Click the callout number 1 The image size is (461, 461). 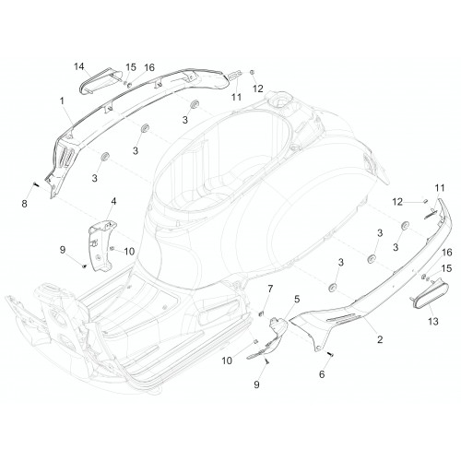click(62, 100)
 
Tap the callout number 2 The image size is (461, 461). click(380, 339)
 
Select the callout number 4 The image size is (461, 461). click(113, 202)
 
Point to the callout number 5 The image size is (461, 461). click(297, 299)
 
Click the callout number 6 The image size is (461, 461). click(322, 374)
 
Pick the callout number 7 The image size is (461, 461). click(270, 289)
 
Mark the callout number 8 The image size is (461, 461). click(24, 203)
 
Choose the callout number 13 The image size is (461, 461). click(433, 322)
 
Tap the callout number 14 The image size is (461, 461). click(79, 66)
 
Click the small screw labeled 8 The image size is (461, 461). click(35, 184)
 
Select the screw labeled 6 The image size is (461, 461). click(331, 354)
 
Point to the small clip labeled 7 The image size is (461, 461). click(261, 313)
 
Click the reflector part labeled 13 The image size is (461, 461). click(430, 292)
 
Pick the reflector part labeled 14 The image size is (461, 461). click(100, 81)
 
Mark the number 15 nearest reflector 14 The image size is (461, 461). click(131, 67)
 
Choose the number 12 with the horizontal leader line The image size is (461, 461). click(397, 202)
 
